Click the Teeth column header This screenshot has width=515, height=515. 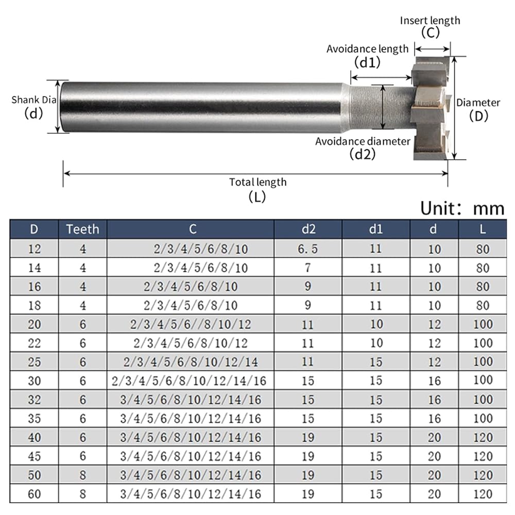82,229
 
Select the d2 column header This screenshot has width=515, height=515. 308,229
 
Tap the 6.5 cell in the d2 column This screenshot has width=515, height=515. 308,249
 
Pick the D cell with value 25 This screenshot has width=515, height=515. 34,362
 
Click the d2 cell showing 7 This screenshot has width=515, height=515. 308,268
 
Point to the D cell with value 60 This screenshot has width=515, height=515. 34,494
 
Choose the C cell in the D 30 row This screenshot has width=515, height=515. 189,381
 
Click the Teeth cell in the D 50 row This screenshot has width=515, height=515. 83,475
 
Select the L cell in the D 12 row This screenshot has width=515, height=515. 483,249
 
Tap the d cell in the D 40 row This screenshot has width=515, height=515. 434,437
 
